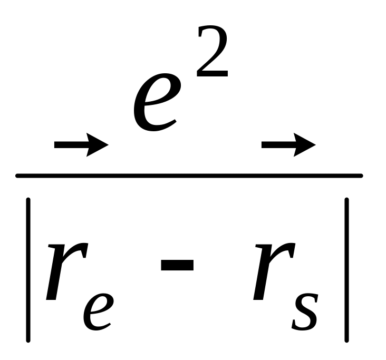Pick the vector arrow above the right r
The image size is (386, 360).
[288, 143]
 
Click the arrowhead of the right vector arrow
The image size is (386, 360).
[306, 143]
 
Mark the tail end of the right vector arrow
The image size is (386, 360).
[263, 143]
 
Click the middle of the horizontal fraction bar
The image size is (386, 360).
[189, 176]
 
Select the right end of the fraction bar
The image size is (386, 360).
[361, 176]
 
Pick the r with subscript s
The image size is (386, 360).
[271, 269]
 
